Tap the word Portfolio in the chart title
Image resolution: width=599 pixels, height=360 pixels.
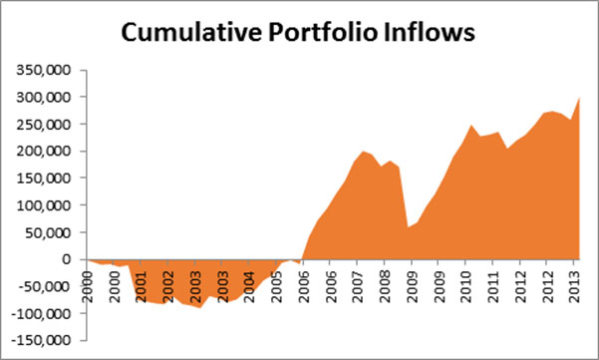coord(322,32)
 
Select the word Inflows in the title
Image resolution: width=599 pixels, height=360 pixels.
coord(429,32)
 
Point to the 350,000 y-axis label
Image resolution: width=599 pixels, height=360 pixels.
coord(44,71)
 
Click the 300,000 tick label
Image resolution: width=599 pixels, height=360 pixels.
coord(44,98)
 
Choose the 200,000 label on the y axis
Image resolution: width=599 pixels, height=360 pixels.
coord(44,152)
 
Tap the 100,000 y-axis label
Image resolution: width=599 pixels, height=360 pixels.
coord(44,205)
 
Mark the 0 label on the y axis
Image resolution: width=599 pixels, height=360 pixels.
coord(67,259)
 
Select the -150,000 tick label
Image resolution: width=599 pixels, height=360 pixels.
coord(41,340)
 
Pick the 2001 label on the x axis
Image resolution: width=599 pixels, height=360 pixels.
coord(142,286)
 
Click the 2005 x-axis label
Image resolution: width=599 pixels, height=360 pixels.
coord(277,286)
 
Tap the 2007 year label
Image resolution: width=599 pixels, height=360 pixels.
coord(358,286)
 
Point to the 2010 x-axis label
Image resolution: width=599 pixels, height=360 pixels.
coord(466,286)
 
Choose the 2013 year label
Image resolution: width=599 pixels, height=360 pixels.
coord(574,286)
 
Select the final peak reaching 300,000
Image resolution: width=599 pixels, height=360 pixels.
coord(579,98)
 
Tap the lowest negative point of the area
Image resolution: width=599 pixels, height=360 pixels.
coord(199,307)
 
